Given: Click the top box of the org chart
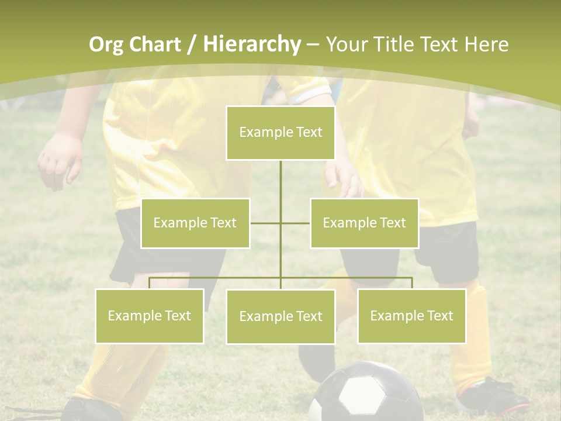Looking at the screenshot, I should tap(280, 133).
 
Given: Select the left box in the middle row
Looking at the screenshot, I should tap(195, 223).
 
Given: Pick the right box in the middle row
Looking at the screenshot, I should tap(364, 223).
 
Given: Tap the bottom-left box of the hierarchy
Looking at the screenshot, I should tap(150, 316).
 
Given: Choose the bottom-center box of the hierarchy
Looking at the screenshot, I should tap(280, 316).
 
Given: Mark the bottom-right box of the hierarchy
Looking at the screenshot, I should tap(412, 316).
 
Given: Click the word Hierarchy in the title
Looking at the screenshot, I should tap(251, 44).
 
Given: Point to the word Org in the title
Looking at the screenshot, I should tap(106, 44).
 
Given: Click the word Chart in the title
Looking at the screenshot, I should tap(154, 44).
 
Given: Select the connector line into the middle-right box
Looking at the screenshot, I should tap(296, 223).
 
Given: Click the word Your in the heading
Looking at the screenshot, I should tap(348, 44).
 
